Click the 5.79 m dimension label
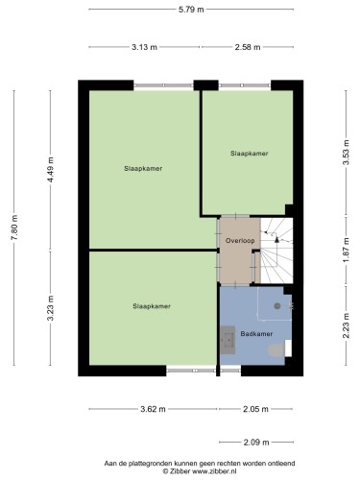pyautogui.click(x=191, y=10)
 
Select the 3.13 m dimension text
pyautogui.click(x=144, y=47)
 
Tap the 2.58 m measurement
pyautogui.click(x=248, y=47)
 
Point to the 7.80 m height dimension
pyautogui.click(x=14, y=228)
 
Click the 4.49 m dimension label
pyautogui.click(x=50, y=170)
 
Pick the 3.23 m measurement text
pyautogui.click(x=50, y=308)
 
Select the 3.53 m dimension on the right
pyautogui.click(x=346, y=153)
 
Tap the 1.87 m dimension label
pyautogui.click(x=346, y=250)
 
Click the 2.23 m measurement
pyautogui.click(x=346, y=325)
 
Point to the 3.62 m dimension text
pyautogui.click(x=153, y=409)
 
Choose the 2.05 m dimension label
pyautogui.click(x=255, y=409)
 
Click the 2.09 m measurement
pyautogui.click(x=256, y=443)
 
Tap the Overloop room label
pyautogui.click(x=240, y=241)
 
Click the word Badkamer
pyautogui.click(x=256, y=334)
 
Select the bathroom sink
pyautogui.click(x=228, y=340)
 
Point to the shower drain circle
pyautogui.click(x=277, y=306)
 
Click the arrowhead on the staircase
pyautogui.click(x=276, y=239)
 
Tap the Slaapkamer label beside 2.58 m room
pyautogui.click(x=250, y=154)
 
